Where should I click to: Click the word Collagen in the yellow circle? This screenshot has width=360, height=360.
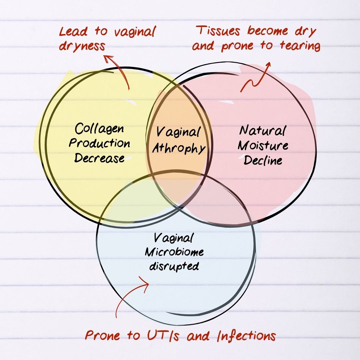(x=99, y=129)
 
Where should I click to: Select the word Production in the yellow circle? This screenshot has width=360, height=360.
(x=99, y=143)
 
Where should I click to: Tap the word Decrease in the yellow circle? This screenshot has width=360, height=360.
(x=99, y=158)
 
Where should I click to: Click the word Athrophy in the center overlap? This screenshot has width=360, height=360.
(x=179, y=148)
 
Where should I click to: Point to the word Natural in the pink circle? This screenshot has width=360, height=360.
(x=263, y=130)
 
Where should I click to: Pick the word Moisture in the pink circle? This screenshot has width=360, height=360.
(x=263, y=145)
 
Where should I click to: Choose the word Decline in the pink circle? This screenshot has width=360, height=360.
(x=263, y=160)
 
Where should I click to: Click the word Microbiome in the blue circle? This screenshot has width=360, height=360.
(x=174, y=252)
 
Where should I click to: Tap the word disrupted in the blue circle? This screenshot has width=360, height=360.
(x=174, y=266)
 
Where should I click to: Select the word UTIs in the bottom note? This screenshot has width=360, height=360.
(x=163, y=335)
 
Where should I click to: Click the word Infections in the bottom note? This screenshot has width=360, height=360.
(x=246, y=335)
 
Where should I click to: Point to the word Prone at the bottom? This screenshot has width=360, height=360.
(x=102, y=335)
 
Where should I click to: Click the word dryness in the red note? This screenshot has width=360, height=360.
(x=82, y=46)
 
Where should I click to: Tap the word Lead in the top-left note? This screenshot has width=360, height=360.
(x=73, y=31)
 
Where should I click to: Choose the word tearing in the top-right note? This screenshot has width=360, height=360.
(x=300, y=45)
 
